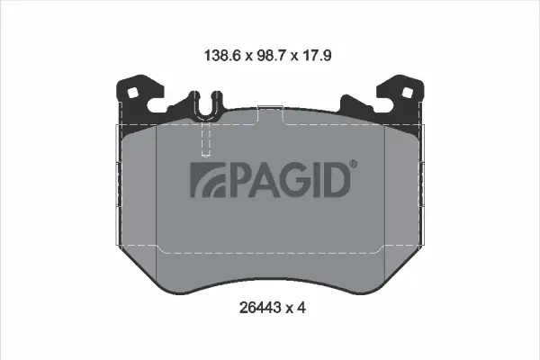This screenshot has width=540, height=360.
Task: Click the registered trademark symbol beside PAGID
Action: [354, 163]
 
